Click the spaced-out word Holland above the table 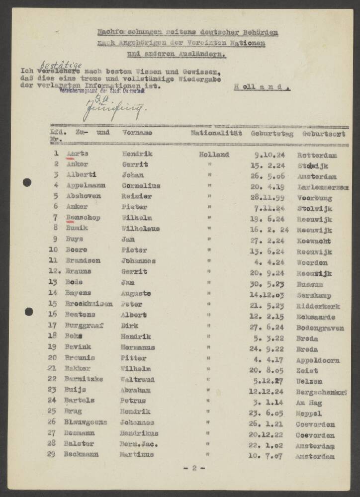click(262, 86)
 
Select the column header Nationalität click(216, 133)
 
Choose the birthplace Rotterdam click(316, 155)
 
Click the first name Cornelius click(141, 186)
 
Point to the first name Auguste click(138, 294)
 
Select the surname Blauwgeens click(86, 424)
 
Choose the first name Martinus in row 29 click(137, 455)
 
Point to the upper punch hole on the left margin click(27, 182)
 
